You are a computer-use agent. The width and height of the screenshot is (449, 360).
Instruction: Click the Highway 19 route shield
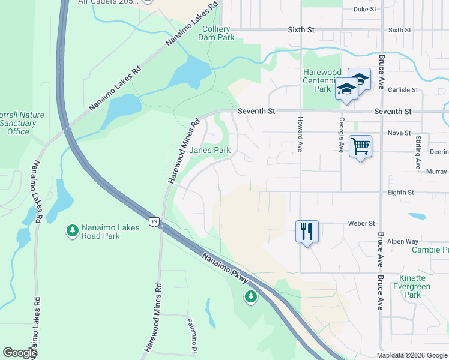154,221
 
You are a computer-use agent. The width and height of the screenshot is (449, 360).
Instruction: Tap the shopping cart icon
360,146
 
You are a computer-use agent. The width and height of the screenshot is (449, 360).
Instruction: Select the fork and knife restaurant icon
307,230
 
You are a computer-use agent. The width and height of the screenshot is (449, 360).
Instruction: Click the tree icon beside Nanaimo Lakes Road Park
72,230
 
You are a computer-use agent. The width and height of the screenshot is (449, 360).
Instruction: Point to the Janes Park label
209,150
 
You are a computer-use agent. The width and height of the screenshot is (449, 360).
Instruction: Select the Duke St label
364,9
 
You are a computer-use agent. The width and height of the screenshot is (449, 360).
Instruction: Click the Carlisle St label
402,90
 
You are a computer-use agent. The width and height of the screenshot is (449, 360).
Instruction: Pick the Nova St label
399,133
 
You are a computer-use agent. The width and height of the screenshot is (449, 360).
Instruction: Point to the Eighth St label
402,193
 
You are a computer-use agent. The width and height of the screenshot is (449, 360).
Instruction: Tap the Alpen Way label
403,241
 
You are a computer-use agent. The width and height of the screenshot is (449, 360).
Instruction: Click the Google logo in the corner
20,353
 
